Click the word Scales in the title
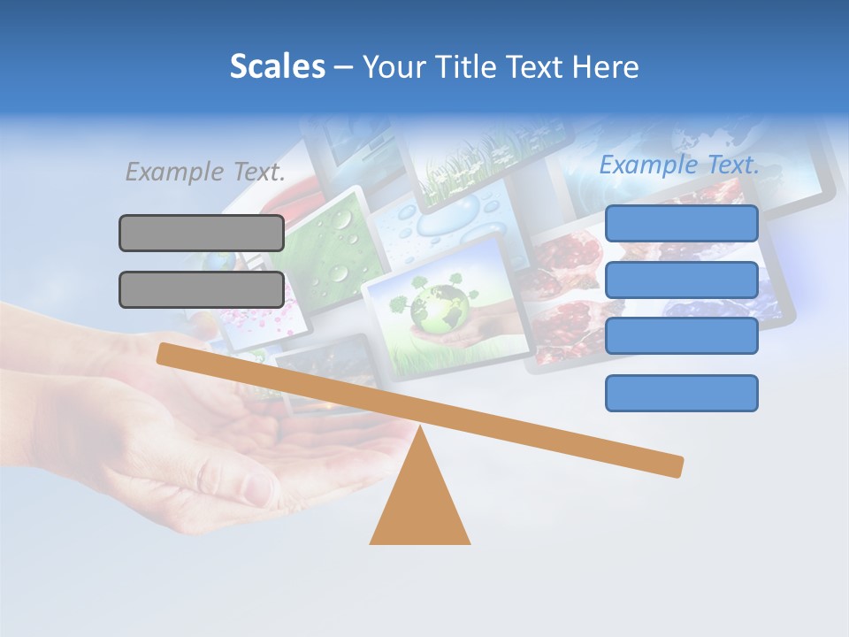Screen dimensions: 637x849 [x=277, y=66]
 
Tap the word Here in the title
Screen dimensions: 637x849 [x=606, y=66]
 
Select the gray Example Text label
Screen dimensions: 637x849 [x=205, y=172]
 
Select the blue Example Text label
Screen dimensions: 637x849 [x=679, y=165]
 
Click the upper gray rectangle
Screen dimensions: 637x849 [x=202, y=233]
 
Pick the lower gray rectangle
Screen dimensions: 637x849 [x=202, y=289]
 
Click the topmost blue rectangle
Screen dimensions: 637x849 [x=681, y=223]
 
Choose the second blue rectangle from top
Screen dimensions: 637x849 [x=681, y=280]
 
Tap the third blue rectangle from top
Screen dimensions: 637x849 [x=681, y=336]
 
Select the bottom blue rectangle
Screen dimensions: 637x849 [x=681, y=393]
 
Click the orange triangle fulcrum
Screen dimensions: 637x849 [x=420, y=504]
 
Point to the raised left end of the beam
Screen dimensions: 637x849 [x=164, y=353]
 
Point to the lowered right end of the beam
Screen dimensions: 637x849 [x=676, y=466]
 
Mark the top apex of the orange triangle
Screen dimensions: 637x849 [x=420, y=428]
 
